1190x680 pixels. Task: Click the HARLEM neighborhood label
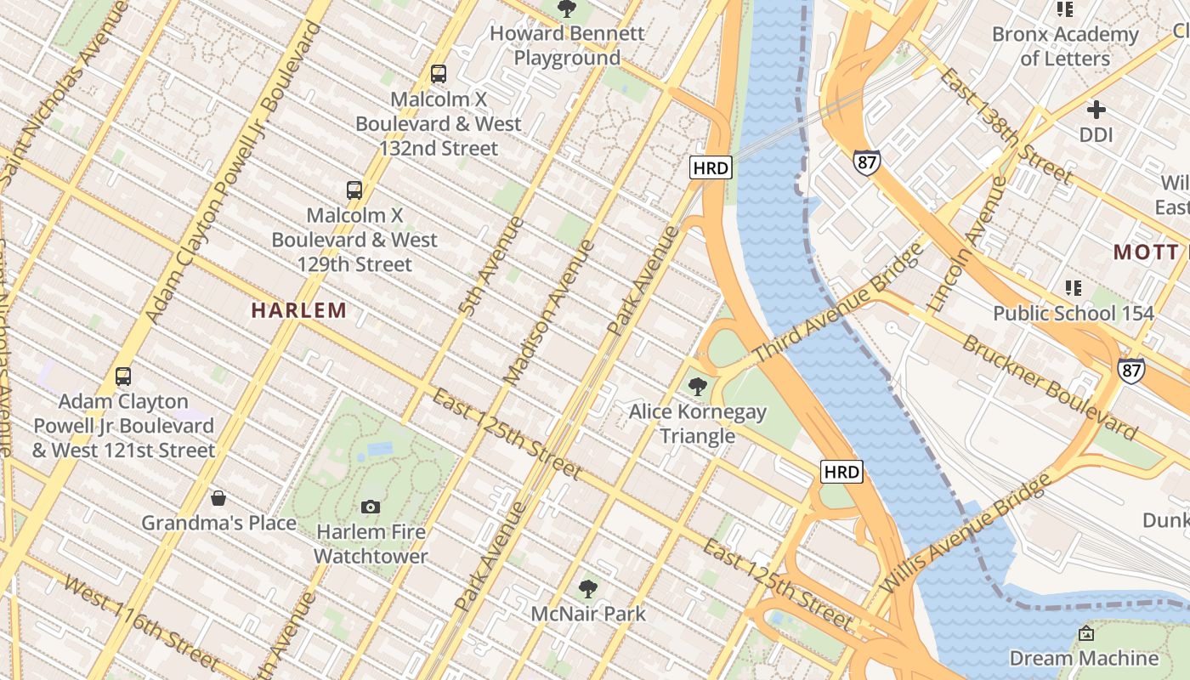[x=299, y=311]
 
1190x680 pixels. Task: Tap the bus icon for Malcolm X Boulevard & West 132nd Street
[x=439, y=74]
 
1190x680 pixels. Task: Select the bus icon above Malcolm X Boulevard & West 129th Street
[x=354, y=190]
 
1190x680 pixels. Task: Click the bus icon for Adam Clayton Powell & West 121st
[x=123, y=377]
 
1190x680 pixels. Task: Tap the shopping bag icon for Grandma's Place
[x=218, y=498]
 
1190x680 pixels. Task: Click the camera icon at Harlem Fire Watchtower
[x=371, y=507]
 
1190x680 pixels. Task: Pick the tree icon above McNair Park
[x=587, y=588]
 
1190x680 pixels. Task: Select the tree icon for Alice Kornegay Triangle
[x=698, y=387]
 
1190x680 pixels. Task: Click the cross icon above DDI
[x=1096, y=110]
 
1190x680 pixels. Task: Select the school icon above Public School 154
[x=1074, y=288]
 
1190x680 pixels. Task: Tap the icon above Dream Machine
[x=1085, y=633]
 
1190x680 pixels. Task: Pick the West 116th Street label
[x=142, y=623]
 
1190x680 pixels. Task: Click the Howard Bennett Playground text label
[x=567, y=46]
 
